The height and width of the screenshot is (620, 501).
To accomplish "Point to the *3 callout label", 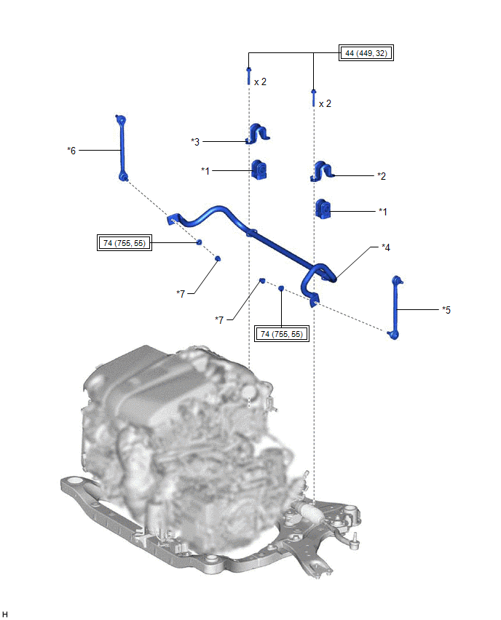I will pyautogui.click(x=195, y=141).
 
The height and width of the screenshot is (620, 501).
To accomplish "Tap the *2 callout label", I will pyautogui.click(x=381, y=175).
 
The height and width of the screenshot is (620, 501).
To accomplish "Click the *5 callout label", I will pyautogui.click(x=446, y=309).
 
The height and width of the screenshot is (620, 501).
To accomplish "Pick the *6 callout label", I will pyautogui.click(x=71, y=150).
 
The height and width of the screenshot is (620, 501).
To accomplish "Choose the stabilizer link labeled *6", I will pyautogui.click(x=121, y=148).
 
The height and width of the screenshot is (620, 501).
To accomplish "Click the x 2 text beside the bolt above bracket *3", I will pyautogui.click(x=260, y=82).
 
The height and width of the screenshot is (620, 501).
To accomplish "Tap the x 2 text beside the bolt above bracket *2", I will pyautogui.click(x=325, y=103).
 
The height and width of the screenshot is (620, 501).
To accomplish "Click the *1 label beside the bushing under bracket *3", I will pyautogui.click(x=205, y=171).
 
